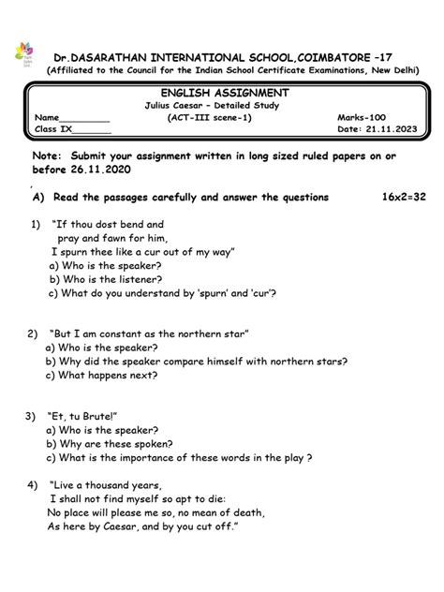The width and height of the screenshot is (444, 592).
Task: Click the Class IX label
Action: pyautogui.click(x=52, y=131)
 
